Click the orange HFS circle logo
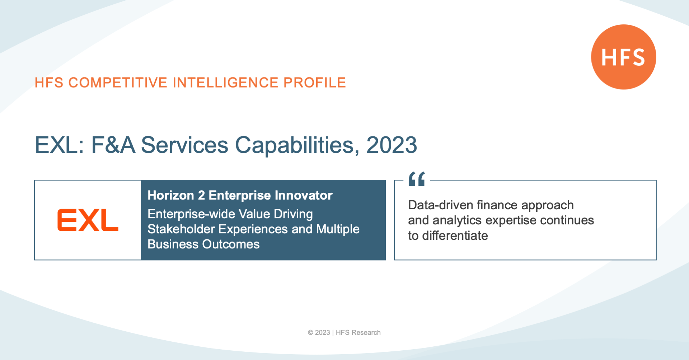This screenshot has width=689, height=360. point(624,57)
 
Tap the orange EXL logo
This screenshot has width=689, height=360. point(88,220)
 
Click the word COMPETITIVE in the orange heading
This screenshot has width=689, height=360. point(118,83)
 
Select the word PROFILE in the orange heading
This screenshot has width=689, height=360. point(315,83)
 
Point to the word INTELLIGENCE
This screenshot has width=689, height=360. point(225,83)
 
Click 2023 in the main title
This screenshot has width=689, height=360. point(392,145)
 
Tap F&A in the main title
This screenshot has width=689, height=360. point(113,145)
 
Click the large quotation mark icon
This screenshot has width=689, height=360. point(417,179)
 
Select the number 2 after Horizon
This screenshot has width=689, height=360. point(201,195)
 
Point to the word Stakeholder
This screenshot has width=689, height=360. point(181,229)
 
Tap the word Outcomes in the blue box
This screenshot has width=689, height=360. point(231,244)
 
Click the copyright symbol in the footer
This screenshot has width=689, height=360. point(310,333)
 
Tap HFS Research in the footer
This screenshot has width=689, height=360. point(358,333)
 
